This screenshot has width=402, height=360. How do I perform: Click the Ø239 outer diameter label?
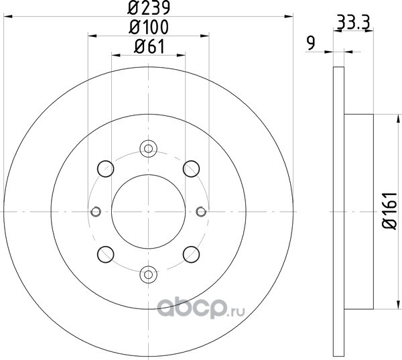[149, 8]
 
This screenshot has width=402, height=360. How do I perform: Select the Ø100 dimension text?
[149, 27]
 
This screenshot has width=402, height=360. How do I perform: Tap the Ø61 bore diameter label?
[149, 46]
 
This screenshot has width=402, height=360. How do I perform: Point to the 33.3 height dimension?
[353, 23]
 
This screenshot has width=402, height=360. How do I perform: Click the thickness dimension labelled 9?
[312, 43]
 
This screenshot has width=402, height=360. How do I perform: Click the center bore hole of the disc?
[149, 212]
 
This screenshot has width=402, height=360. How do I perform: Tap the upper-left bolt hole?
[106, 168]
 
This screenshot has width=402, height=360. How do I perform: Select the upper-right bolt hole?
[191, 168]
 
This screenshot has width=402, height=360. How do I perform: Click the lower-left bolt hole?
[106, 254]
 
